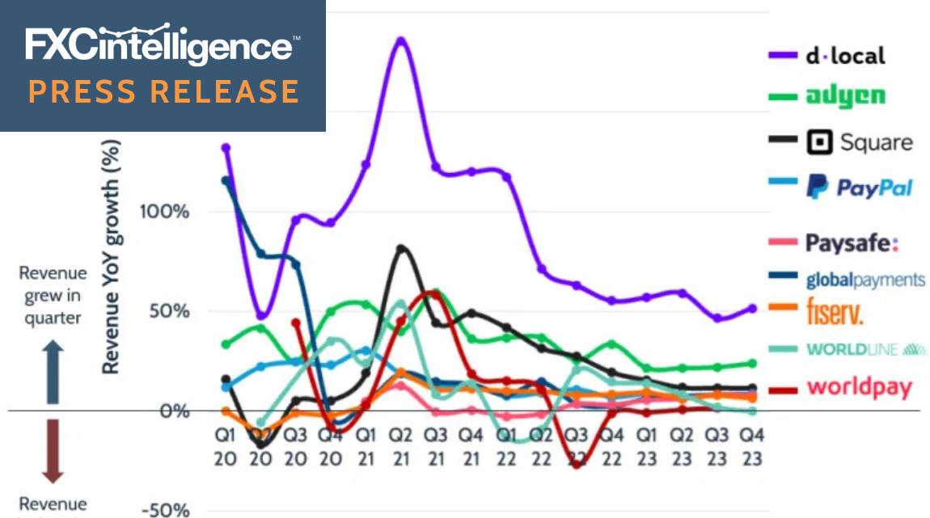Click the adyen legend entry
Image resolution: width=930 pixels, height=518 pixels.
tap(846, 97)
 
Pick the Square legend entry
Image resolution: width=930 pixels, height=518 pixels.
tap(860, 144)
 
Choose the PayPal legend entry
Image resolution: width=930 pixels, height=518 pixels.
tap(860, 188)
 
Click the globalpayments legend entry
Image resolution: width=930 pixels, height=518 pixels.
tap(865, 280)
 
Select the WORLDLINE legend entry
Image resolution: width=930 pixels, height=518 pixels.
tap(865, 350)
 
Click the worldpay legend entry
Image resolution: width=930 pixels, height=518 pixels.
tap(860, 387)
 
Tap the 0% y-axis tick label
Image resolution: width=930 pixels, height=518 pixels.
tap(172, 411)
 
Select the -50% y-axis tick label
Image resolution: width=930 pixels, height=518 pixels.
tap(165, 511)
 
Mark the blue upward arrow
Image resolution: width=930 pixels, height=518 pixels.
tap(52, 370)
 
